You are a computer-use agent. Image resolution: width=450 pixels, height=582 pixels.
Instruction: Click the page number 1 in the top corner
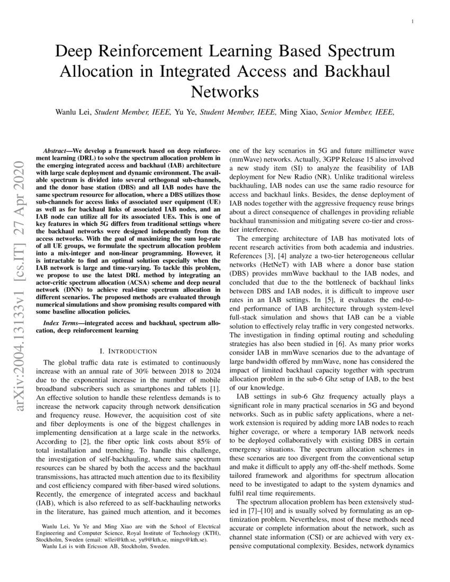pyautogui.click(x=412, y=21)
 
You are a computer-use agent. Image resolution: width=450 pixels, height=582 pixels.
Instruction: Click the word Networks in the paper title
pyautogui.click(x=224, y=92)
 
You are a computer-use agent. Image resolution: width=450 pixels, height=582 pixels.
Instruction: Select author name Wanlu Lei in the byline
pyautogui.click(x=73, y=112)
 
